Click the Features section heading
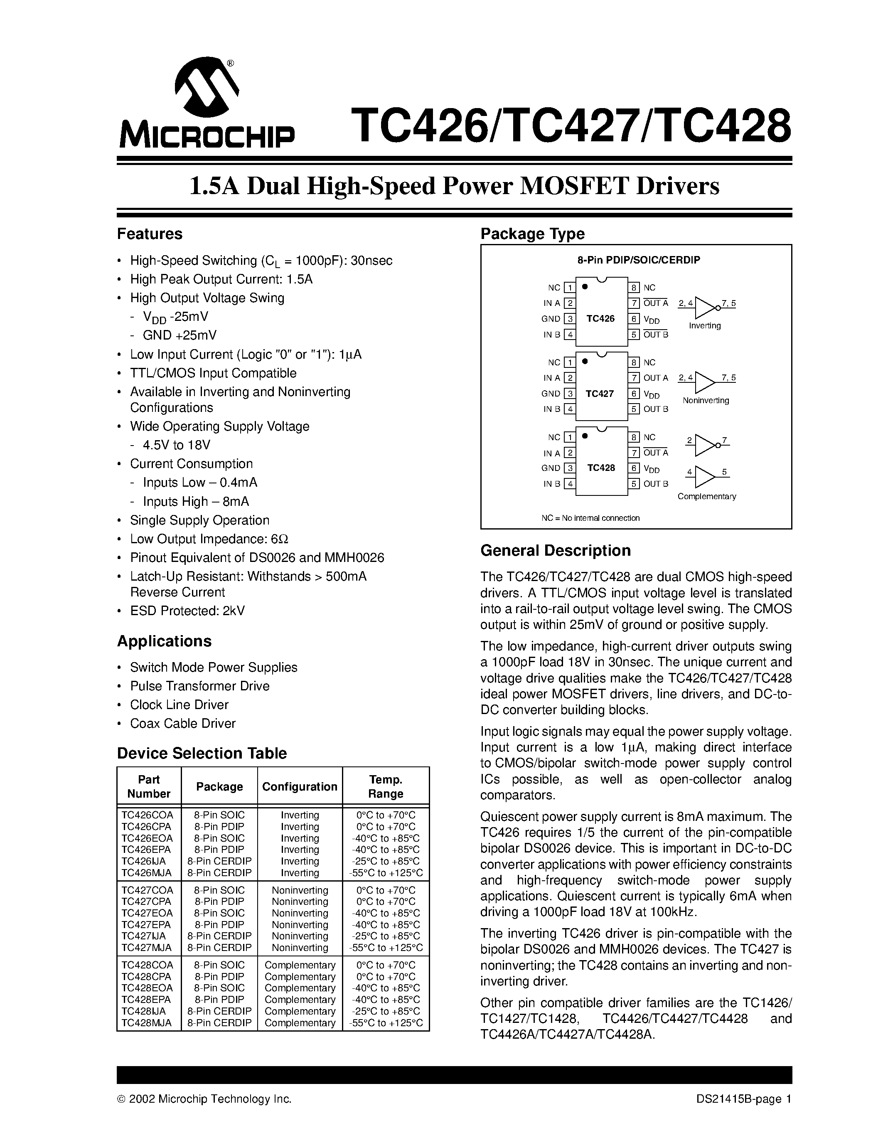click(150, 234)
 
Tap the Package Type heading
click(532, 234)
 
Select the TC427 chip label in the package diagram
click(600, 394)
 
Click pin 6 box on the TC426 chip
click(634, 319)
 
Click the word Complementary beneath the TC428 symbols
click(706, 496)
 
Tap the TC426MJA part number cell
click(146, 872)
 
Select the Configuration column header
click(299, 787)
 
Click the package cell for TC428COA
click(219, 965)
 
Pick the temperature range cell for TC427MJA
click(386, 947)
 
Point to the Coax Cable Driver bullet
click(182, 723)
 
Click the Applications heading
click(164, 641)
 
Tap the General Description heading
click(555, 551)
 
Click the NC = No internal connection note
click(590, 518)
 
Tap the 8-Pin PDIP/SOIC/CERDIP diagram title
click(638, 260)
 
